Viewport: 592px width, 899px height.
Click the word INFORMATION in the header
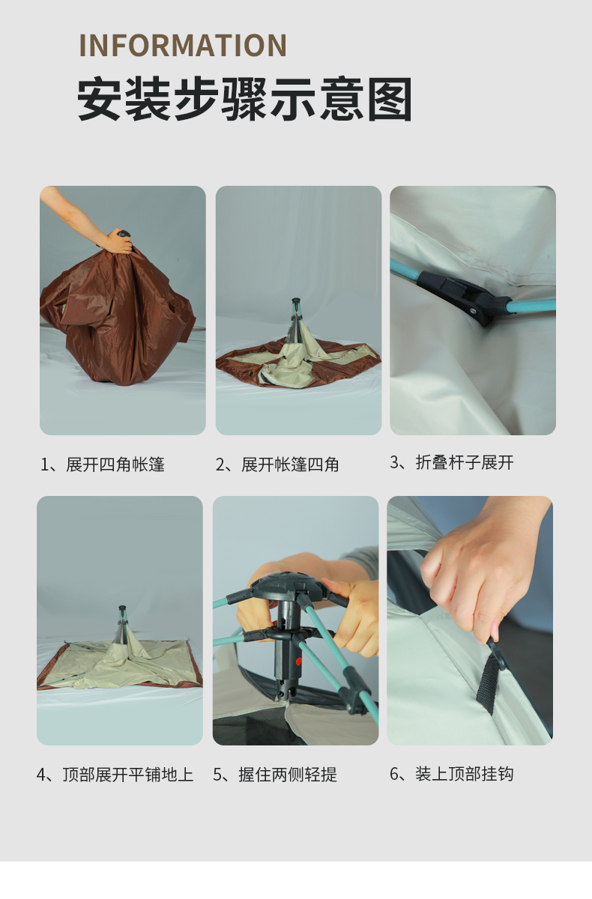[183, 45]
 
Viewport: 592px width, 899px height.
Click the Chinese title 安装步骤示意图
[244, 99]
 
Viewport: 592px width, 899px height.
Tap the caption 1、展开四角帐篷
[103, 464]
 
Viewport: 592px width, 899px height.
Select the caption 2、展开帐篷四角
[277, 464]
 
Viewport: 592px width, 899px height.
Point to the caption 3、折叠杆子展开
[452, 462]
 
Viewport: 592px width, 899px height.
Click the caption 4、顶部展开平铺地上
[115, 775]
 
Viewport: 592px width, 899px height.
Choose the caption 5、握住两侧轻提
[275, 775]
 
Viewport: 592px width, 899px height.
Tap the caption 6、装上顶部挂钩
[452, 774]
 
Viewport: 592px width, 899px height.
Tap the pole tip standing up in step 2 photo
[296, 301]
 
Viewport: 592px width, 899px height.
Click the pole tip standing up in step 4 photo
[122, 609]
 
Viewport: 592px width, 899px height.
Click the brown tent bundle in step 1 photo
[117, 315]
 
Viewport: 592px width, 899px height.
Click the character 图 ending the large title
[390, 99]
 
